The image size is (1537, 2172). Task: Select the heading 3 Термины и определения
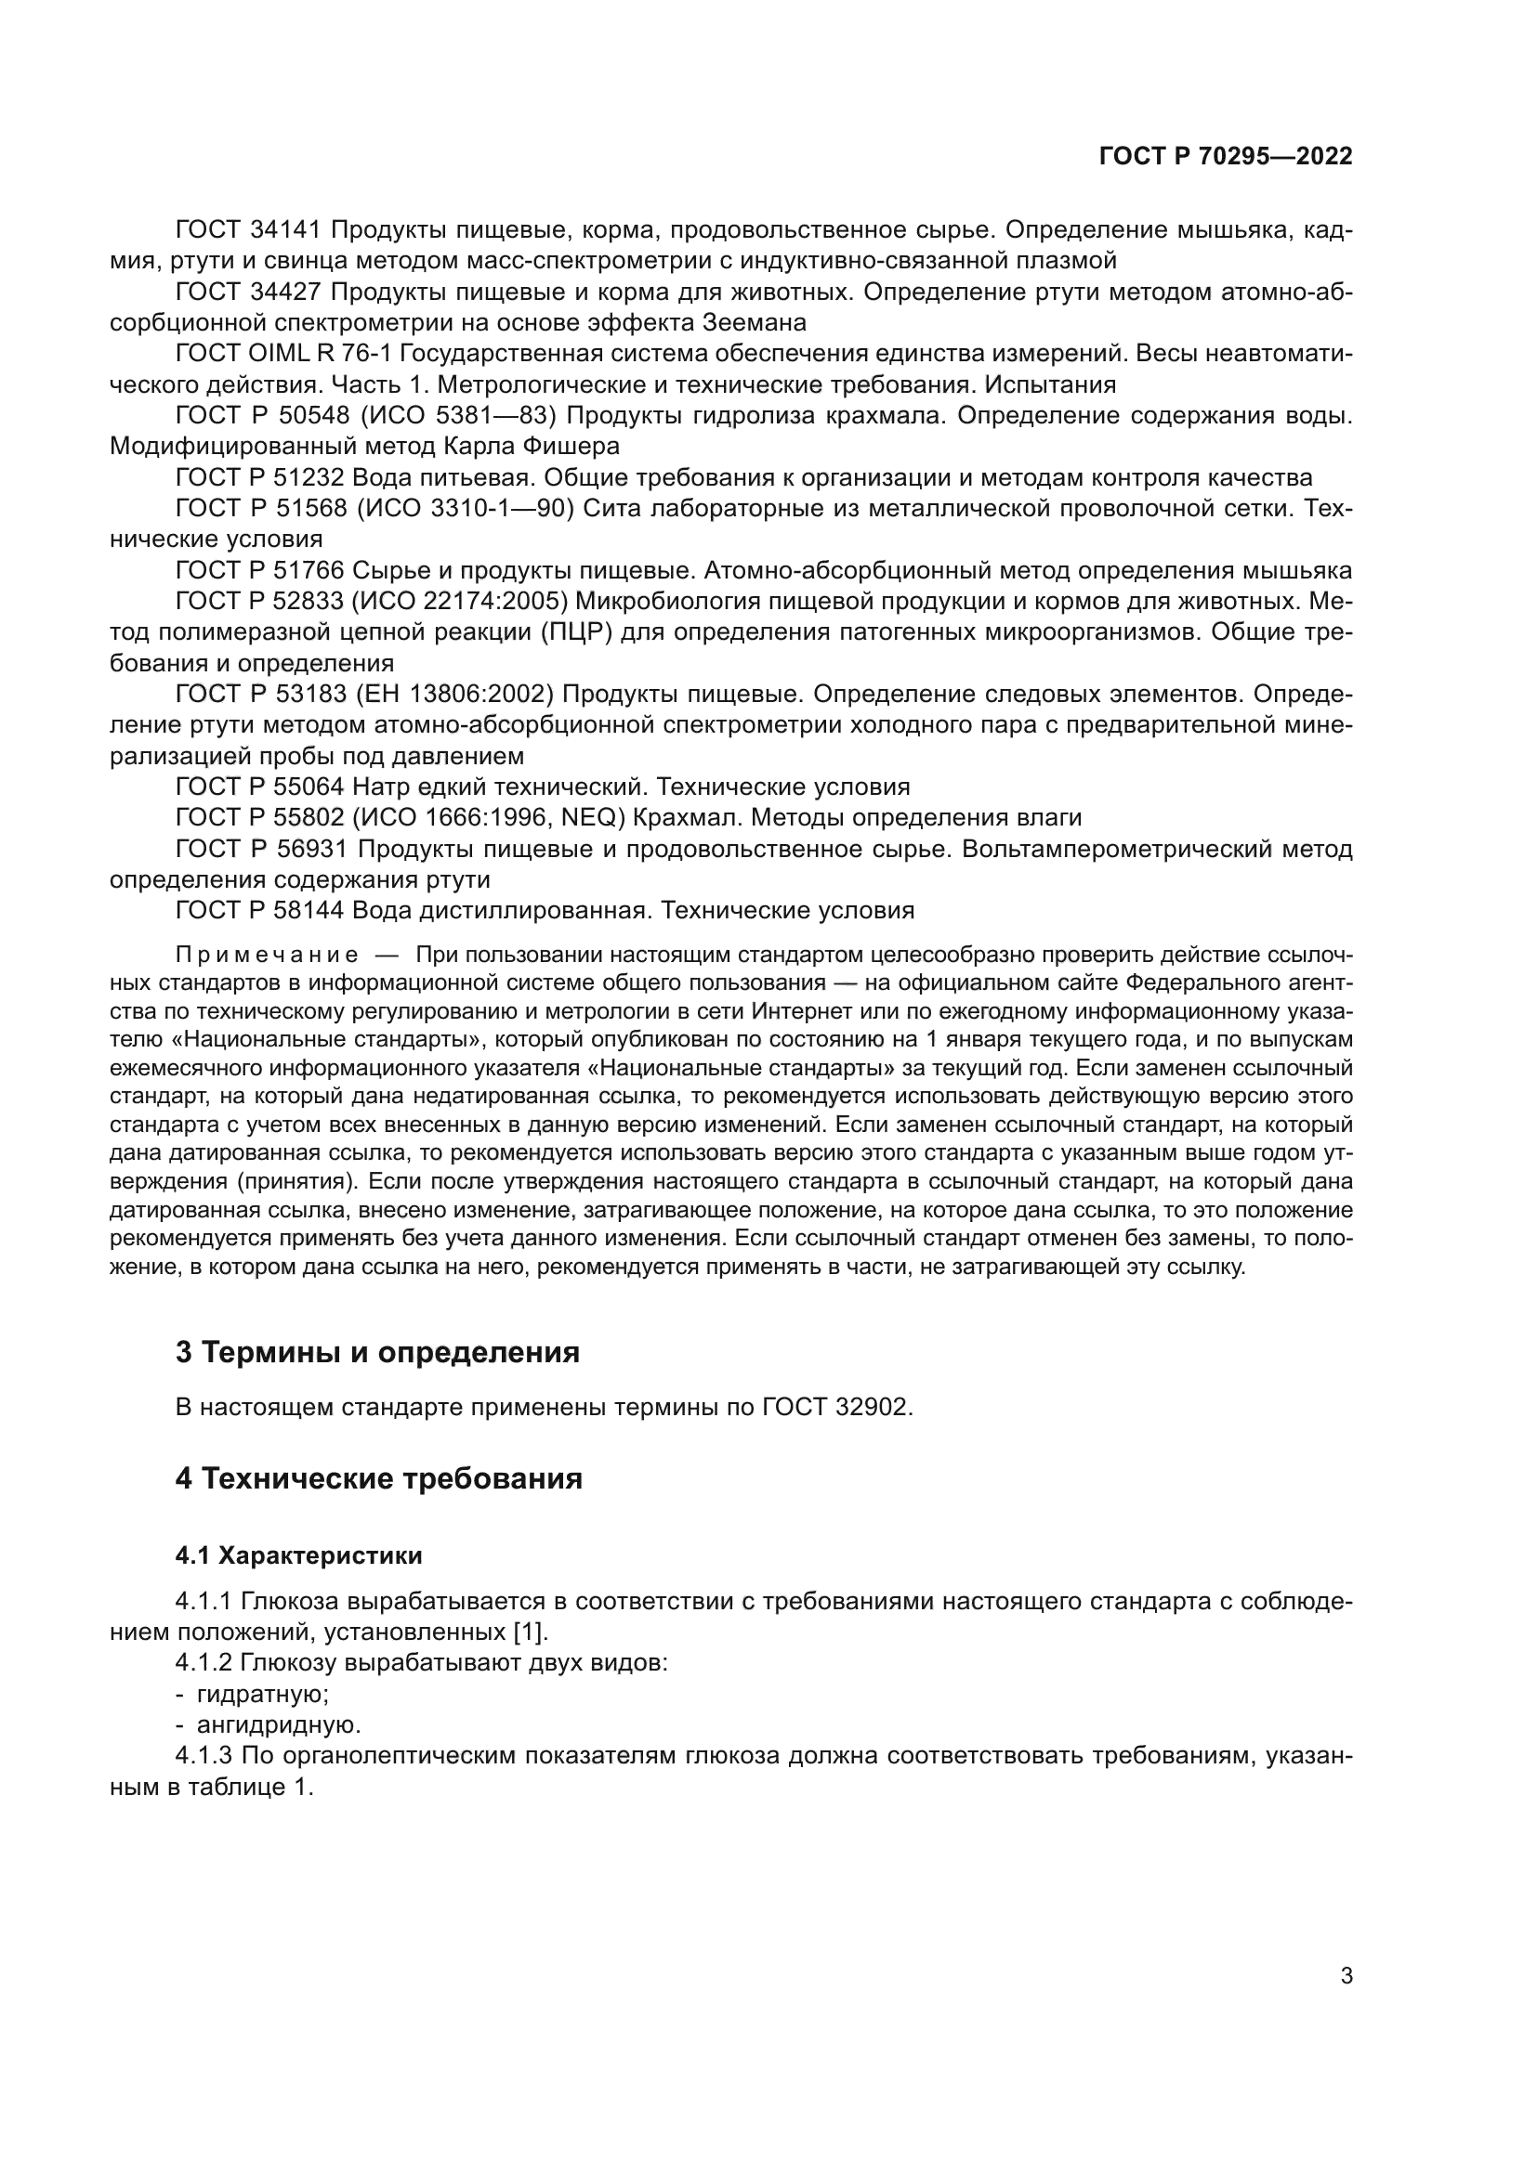coord(376,1353)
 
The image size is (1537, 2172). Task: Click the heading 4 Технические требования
coord(378,1477)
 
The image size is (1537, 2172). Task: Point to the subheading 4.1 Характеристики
coord(298,1555)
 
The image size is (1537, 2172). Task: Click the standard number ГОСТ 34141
coord(250,230)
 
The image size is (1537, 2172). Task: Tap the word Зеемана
coord(755,322)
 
